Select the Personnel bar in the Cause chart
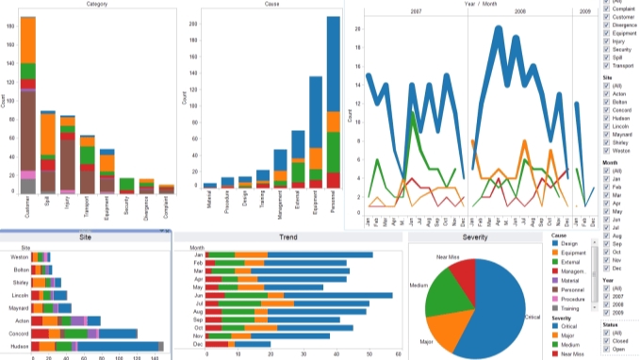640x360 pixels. click(333, 104)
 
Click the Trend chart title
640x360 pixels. click(288, 237)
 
